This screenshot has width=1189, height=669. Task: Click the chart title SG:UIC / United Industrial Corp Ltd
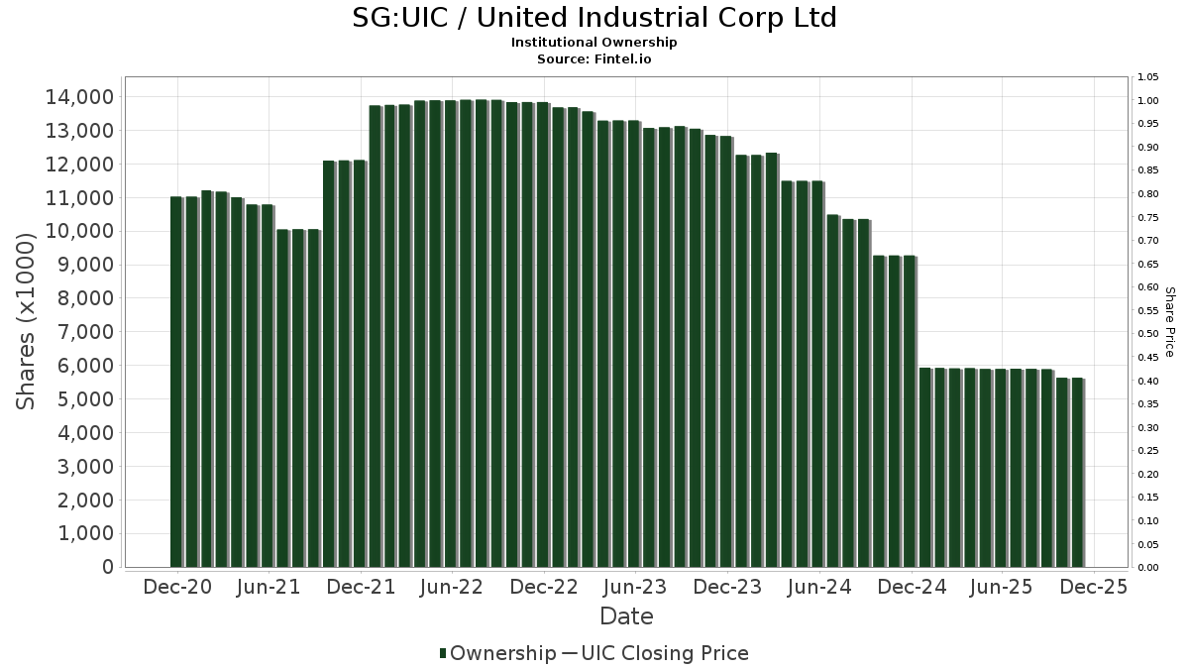tap(594, 18)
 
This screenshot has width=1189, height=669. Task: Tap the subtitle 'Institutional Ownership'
tap(594, 43)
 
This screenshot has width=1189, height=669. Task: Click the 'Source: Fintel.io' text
tap(594, 59)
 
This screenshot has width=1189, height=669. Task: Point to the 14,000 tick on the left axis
tap(78, 97)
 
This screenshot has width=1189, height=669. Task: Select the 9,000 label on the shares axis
tap(82, 265)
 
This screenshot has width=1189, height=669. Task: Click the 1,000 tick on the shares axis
tap(82, 533)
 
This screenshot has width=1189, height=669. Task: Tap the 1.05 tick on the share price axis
tap(1148, 77)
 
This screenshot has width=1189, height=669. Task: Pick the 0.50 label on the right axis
tap(1148, 334)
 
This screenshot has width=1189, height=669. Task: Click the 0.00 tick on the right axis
tap(1148, 568)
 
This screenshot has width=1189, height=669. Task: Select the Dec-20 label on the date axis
tap(177, 588)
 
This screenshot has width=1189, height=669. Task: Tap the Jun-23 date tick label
tap(635, 588)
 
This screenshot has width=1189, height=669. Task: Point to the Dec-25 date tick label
tap(1093, 588)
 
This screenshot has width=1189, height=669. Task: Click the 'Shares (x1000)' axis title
tap(27, 321)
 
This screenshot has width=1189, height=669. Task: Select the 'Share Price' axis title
tap(1170, 321)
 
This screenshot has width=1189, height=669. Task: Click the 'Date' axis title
tap(626, 616)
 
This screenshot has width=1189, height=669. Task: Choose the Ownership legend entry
tap(498, 653)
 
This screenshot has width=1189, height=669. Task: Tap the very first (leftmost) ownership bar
tap(176, 382)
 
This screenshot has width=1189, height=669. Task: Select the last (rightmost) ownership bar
tap(1077, 473)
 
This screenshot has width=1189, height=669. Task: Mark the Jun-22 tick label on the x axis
tap(452, 588)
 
